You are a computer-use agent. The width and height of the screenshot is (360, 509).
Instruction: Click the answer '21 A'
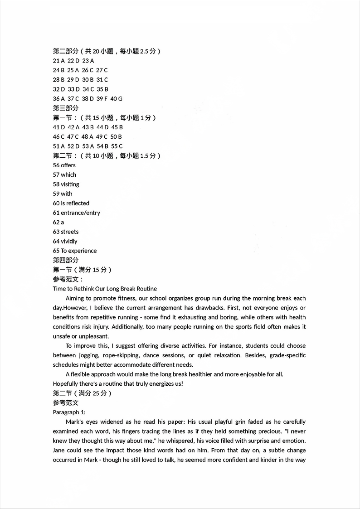point(59,61)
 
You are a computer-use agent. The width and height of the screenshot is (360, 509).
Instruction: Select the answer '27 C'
point(102,70)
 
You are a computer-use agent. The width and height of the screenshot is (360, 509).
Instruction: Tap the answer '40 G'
point(117,99)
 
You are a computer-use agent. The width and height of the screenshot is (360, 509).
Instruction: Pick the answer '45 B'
point(117,127)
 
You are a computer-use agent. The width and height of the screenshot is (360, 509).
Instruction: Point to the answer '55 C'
point(117,146)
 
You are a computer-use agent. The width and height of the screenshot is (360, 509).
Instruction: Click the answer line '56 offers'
point(64,165)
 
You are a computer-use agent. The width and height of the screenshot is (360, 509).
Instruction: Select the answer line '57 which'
point(64,175)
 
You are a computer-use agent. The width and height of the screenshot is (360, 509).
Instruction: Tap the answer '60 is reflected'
point(71,204)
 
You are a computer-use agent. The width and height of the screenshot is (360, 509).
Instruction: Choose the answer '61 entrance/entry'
point(76,213)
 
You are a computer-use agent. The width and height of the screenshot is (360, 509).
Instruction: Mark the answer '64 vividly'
point(65,242)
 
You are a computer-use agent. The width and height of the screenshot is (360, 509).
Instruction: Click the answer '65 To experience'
point(74,251)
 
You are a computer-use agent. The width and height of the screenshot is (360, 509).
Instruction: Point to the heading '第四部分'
point(65,260)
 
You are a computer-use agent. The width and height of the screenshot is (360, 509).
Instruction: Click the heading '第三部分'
point(65,108)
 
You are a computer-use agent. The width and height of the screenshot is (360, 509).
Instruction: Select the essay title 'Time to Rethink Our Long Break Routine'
point(105,289)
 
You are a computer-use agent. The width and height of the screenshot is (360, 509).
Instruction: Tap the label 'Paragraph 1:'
point(69,412)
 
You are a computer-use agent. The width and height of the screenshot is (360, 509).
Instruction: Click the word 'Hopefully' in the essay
point(66,384)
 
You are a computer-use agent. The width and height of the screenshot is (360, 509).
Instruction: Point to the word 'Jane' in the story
point(59,451)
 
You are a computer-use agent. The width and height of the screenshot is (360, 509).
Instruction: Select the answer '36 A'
point(59,99)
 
